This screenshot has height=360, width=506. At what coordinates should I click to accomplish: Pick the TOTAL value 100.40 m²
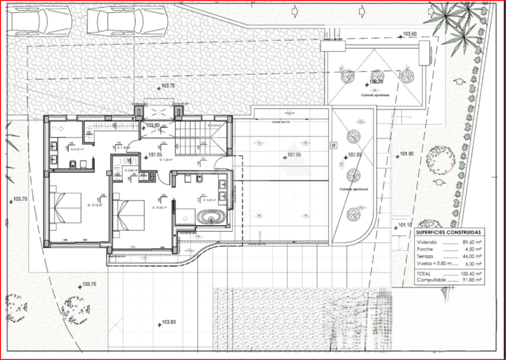[469, 273]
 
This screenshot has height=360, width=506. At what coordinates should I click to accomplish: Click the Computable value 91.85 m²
[470, 280]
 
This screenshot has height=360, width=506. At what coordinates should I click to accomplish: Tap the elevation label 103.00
[410, 34]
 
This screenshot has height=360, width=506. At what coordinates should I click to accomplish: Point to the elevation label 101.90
[408, 153]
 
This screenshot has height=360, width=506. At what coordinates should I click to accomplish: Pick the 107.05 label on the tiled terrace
[294, 155]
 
